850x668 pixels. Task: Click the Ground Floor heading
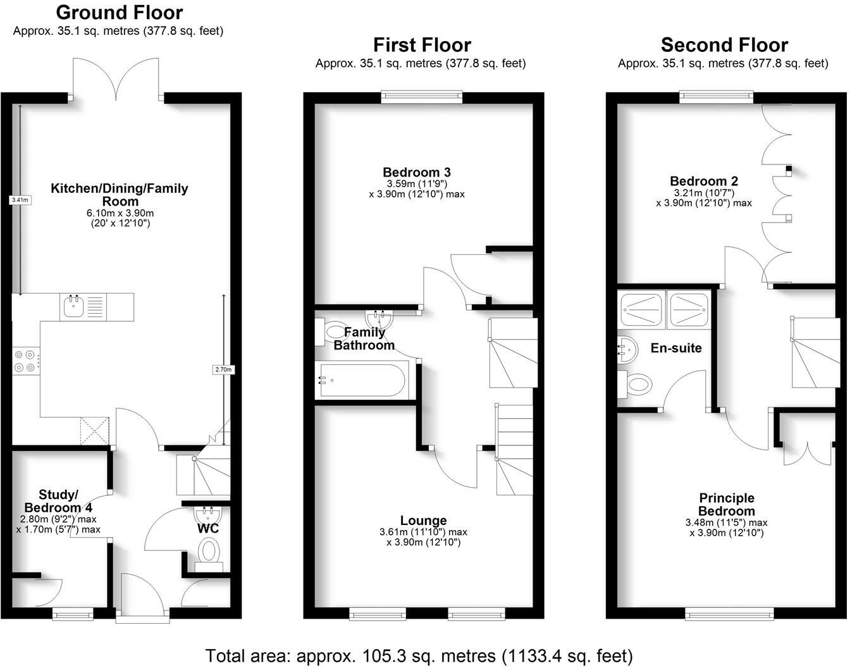(119, 12)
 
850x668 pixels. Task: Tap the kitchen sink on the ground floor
(73, 307)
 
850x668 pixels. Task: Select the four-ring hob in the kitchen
(25, 361)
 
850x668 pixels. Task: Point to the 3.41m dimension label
(20, 200)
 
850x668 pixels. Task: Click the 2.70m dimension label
(224, 369)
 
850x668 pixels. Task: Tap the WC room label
(208, 528)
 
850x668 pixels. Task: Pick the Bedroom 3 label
(416, 172)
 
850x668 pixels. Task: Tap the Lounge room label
(423, 521)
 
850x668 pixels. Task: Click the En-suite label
(675, 348)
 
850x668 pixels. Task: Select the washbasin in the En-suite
(626, 349)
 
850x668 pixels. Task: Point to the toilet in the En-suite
(637, 383)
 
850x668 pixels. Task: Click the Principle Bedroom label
(727, 504)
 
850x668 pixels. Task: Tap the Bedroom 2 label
(704, 181)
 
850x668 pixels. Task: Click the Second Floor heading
(724, 45)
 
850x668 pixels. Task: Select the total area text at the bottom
(419, 655)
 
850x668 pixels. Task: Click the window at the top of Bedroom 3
(422, 96)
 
